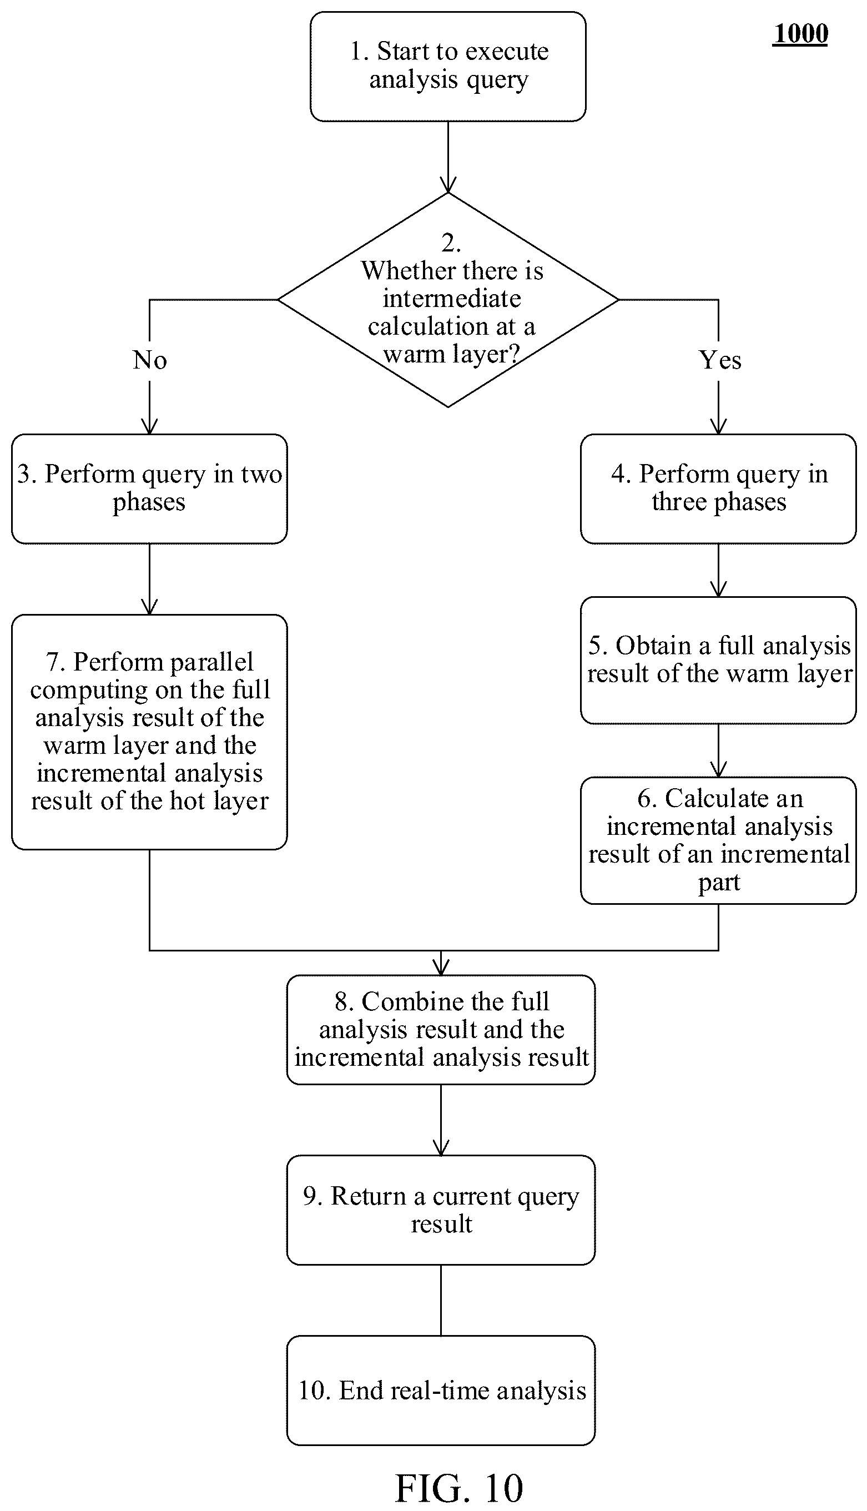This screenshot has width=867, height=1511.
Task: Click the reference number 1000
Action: [801, 34]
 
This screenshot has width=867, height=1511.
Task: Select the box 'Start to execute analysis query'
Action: [448, 67]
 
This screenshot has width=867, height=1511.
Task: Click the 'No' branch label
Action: [149, 360]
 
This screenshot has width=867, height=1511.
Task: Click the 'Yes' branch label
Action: [720, 360]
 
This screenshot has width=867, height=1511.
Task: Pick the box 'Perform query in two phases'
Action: [149, 489]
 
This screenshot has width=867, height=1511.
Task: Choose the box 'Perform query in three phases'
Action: [718, 489]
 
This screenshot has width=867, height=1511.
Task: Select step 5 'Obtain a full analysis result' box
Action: [718, 660]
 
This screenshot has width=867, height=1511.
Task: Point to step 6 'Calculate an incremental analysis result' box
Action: [718, 840]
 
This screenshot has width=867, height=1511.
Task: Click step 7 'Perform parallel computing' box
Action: [149, 732]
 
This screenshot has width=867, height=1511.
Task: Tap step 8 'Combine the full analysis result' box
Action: [441, 1030]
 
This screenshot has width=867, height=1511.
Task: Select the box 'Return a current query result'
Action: [441, 1210]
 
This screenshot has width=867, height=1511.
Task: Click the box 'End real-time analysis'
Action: [441, 1391]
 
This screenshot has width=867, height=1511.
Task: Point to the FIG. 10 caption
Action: [459, 1488]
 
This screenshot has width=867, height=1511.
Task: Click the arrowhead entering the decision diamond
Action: [448, 186]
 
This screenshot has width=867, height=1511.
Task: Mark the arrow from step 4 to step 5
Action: [718, 570]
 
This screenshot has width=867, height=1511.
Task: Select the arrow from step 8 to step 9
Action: [441, 1120]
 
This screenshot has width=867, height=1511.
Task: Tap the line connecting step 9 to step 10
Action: [441, 1300]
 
